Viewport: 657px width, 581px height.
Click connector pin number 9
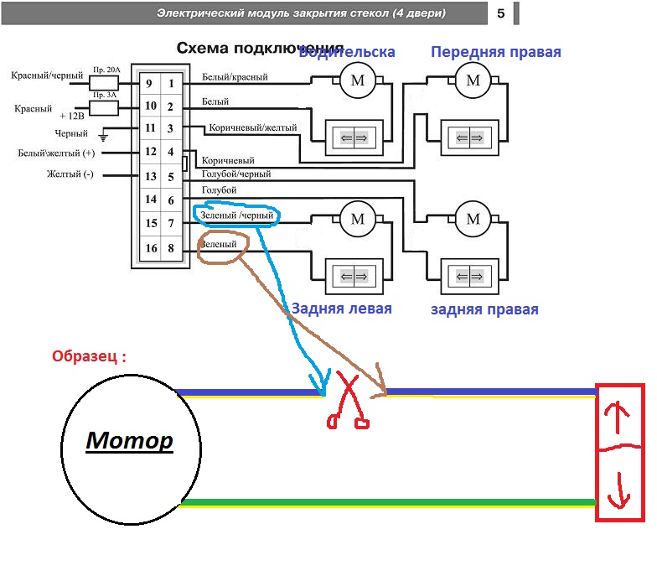point(148,84)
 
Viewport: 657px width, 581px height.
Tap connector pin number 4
point(171,153)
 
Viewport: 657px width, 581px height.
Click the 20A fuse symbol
point(103,83)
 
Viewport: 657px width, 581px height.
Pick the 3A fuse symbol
point(103,107)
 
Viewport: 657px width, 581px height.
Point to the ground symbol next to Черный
point(103,134)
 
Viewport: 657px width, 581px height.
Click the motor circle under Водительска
point(358,81)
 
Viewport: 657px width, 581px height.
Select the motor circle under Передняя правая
point(473,81)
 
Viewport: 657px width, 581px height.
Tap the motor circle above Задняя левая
point(358,220)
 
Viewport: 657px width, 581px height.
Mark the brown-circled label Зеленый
point(224,244)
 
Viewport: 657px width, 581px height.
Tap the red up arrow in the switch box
point(621,415)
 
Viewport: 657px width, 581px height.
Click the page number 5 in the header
point(500,13)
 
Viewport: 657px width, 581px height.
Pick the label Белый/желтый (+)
point(57,153)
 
